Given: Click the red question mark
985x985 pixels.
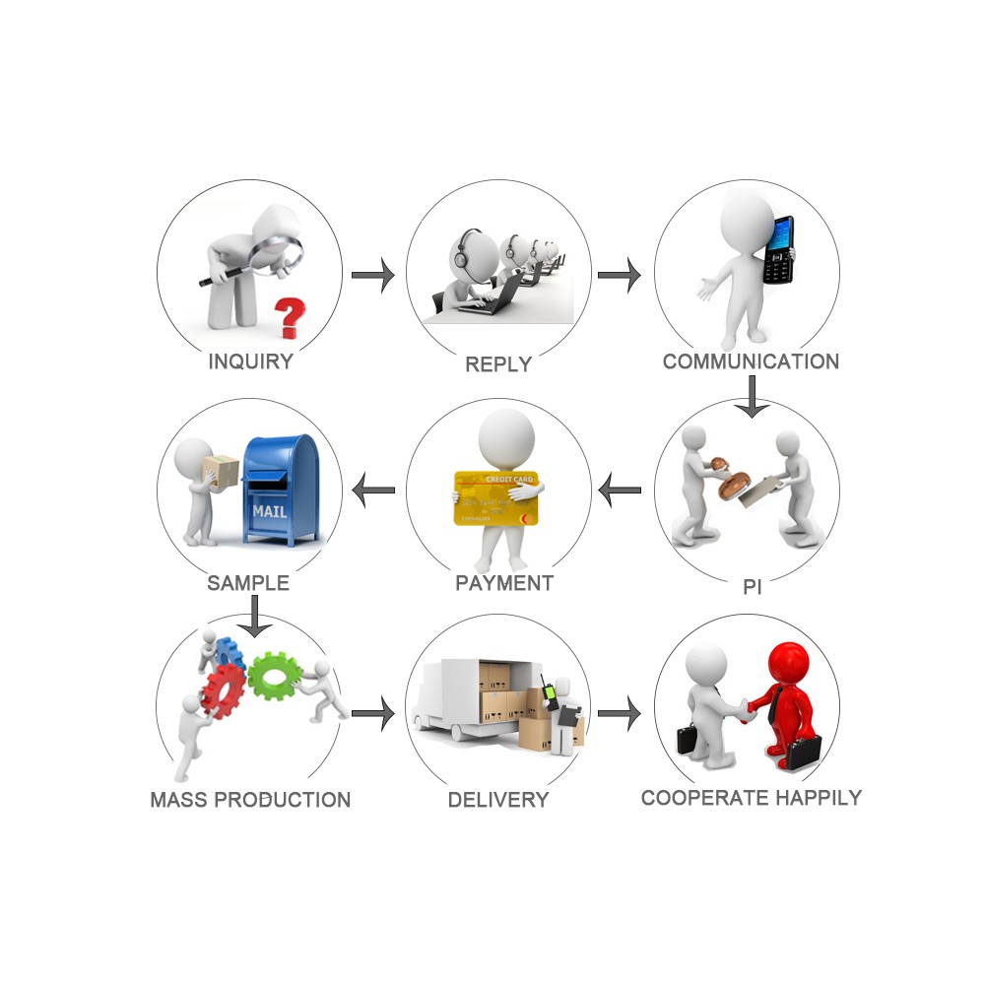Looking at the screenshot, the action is [289, 318].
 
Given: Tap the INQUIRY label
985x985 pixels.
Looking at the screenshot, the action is [250, 361].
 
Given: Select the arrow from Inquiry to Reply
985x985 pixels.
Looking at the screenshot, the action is [372, 275].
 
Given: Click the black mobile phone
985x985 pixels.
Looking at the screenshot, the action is [778, 250].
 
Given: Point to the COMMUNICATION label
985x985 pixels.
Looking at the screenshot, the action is [751, 361].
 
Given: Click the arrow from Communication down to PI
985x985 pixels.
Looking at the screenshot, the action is [752, 396].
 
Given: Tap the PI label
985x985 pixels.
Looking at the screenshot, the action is [752, 587].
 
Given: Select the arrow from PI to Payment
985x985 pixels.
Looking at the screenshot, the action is [620, 490].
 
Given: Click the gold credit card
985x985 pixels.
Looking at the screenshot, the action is [495, 498].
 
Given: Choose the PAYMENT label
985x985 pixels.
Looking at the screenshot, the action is [503, 583].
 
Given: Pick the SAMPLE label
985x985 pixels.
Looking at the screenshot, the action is [248, 583].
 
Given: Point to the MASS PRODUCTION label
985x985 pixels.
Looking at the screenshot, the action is [250, 800].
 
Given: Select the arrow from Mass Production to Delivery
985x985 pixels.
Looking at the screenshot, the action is [372, 713].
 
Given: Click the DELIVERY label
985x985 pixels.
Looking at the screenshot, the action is [498, 800].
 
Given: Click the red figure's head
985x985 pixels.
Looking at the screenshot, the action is [788, 662].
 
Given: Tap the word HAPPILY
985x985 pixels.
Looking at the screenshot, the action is [818, 798].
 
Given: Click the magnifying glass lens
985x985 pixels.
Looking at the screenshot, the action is [277, 251].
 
